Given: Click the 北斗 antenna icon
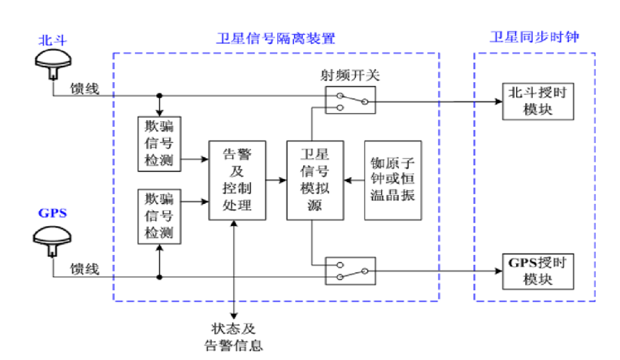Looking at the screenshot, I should (x=53, y=63).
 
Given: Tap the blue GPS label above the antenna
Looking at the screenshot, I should (x=53, y=213).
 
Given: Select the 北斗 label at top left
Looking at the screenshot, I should (x=53, y=40).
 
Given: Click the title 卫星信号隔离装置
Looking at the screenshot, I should (x=276, y=38).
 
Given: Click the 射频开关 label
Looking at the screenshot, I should (x=349, y=75).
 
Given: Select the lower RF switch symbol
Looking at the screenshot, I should (x=351, y=270).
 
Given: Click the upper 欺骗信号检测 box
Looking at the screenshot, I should (x=159, y=144).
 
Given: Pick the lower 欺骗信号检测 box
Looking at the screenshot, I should (x=159, y=216).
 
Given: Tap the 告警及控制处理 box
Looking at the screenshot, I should (x=237, y=180).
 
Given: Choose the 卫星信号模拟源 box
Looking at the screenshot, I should (x=315, y=180).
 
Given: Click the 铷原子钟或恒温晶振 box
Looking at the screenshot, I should (x=393, y=180).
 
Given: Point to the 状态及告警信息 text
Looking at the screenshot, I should (x=234, y=337).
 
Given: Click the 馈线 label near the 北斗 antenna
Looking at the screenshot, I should (x=84, y=88).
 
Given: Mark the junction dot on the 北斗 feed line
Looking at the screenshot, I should (x=159, y=96).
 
